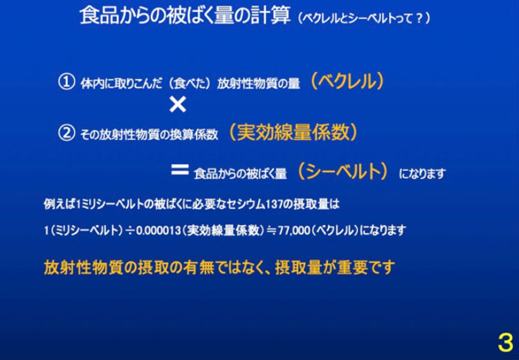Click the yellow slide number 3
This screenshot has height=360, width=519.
(x=505, y=342)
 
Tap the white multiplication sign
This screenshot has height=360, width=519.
(x=178, y=105)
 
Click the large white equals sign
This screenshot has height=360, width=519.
(x=180, y=170)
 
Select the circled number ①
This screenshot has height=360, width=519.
(x=66, y=82)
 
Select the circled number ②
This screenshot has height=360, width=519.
(x=66, y=133)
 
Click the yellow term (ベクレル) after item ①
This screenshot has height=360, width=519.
(x=347, y=81)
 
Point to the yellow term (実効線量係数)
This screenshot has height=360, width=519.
(x=293, y=132)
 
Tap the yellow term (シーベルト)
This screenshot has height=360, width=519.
(x=343, y=171)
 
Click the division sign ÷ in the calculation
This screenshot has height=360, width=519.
(x=129, y=231)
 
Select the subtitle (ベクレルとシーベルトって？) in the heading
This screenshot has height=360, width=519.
(x=364, y=18)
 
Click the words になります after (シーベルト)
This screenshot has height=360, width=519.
(x=422, y=173)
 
